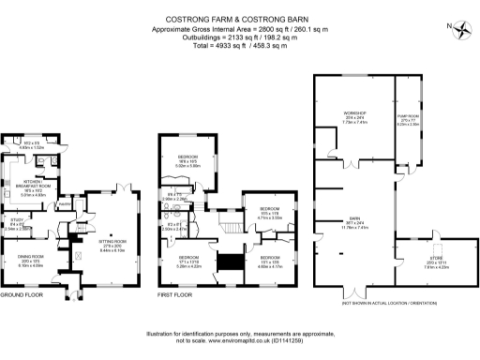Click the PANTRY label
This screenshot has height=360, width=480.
(x=66, y=202)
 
